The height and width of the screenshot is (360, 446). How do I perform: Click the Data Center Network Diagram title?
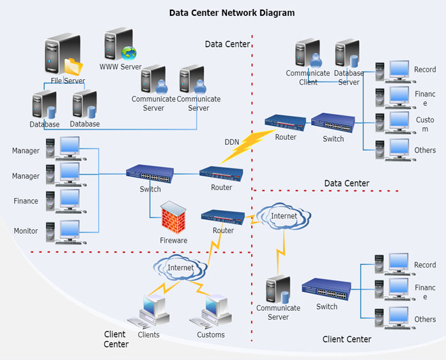point(232,12)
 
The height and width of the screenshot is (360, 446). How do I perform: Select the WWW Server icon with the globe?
point(120,44)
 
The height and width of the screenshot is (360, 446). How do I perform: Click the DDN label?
point(231,142)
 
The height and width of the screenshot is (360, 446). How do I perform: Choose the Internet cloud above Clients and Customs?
point(181,268)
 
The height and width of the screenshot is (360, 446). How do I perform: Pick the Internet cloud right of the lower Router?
point(284,216)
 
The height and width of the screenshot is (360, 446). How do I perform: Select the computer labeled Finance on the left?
point(66,200)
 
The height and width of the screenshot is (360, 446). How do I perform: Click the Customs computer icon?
point(211,311)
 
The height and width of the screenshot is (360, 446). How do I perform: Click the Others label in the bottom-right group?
point(425,319)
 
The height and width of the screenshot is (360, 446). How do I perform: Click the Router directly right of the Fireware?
point(223,217)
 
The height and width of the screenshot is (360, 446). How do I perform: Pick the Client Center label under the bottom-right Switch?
point(347,340)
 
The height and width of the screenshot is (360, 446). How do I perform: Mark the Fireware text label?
point(173,241)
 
